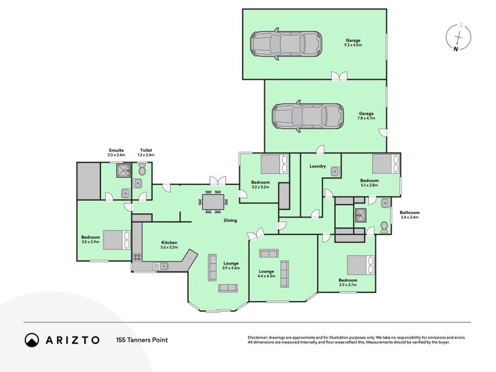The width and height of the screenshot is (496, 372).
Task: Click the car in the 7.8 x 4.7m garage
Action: point(308,116)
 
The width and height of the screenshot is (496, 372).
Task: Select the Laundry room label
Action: point(317,166)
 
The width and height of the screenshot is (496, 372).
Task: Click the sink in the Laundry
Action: point(335,171)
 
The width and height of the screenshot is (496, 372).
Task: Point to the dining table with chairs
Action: point(213,202)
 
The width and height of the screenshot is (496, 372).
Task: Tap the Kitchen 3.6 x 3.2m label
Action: point(169,245)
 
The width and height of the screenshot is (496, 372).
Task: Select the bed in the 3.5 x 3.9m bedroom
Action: point(117,239)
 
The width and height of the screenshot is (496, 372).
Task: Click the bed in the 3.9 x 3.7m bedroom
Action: point(360,265)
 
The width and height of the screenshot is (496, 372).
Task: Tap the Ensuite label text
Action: point(116,150)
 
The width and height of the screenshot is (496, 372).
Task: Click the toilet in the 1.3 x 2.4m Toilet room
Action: point(143,169)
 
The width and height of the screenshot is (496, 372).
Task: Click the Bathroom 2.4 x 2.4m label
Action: point(410,215)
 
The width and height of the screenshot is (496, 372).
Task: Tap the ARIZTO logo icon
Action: point(31,340)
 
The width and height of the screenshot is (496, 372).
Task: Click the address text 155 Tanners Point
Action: point(142,340)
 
